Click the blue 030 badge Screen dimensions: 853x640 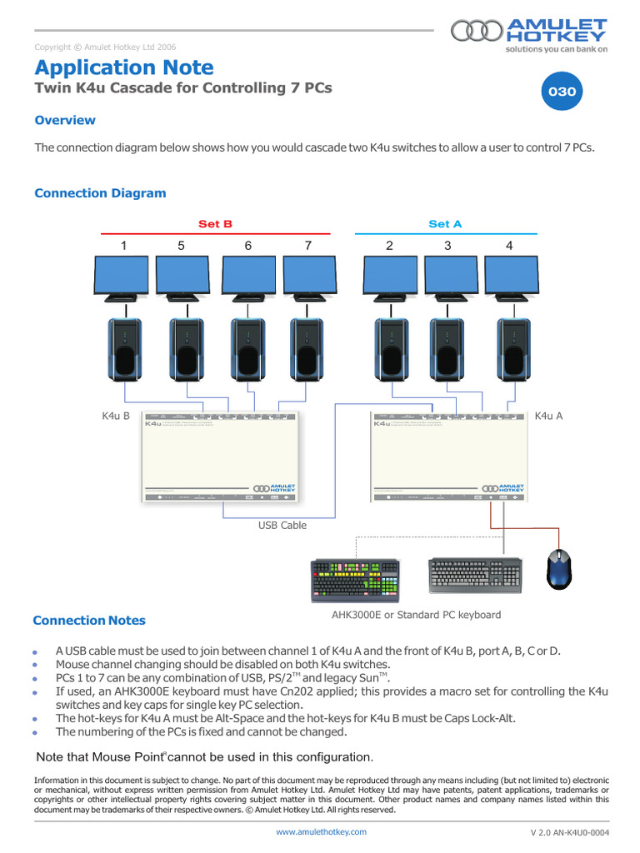[561, 92]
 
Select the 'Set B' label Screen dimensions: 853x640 [215, 224]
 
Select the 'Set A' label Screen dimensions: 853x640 [445, 224]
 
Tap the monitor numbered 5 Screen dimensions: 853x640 [183, 277]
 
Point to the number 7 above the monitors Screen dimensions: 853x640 [307, 246]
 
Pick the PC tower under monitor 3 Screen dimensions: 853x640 [447, 347]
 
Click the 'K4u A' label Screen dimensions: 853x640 [548, 416]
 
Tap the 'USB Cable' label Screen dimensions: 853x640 [282, 526]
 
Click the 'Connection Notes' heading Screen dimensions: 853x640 [88, 621]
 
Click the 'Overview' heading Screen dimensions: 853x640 [65, 121]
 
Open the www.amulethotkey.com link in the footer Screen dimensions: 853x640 [321, 831]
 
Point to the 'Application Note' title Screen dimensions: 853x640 [124, 67]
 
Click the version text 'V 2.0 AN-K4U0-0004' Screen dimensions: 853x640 [569, 832]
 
